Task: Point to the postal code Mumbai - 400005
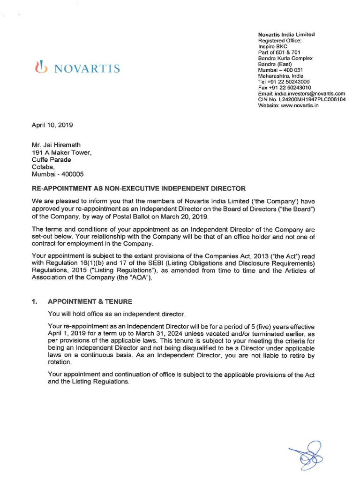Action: (x=58, y=174)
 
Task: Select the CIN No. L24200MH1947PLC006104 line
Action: (x=302, y=100)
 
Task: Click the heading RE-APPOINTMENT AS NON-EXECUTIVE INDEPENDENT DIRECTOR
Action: (x=138, y=189)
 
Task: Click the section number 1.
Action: (x=34, y=301)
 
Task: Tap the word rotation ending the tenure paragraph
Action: (x=60, y=362)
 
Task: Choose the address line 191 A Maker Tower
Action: (x=61, y=152)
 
